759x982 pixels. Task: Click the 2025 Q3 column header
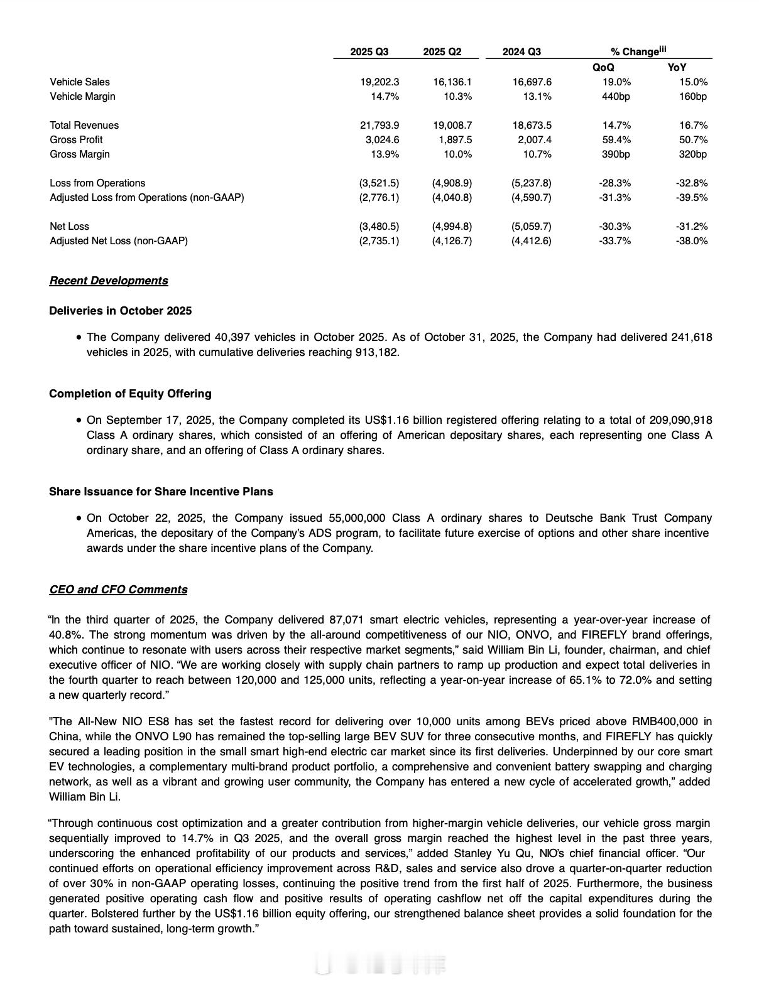pos(369,52)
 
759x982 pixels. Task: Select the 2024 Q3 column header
pos(521,52)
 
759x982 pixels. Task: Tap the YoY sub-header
pos(677,67)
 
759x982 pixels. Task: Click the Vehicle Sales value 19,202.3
pos(379,82)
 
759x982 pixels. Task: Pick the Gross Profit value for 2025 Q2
pos(455,140)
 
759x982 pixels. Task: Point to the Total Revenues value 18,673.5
pos(532,126)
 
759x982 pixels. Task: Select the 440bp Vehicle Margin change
pos(616,97)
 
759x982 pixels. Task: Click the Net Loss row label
pos(69,227)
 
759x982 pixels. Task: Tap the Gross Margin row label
pos(80,154)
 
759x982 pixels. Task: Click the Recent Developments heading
pos(109,281)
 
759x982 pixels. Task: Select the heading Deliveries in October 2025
pos(120,311)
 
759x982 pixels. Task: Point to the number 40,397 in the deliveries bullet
pos(230,338)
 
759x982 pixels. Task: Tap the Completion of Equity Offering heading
pos(130,394)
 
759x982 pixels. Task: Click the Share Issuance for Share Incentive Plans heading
pos(161,492)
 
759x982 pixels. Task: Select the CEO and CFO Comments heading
pos(118,590)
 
